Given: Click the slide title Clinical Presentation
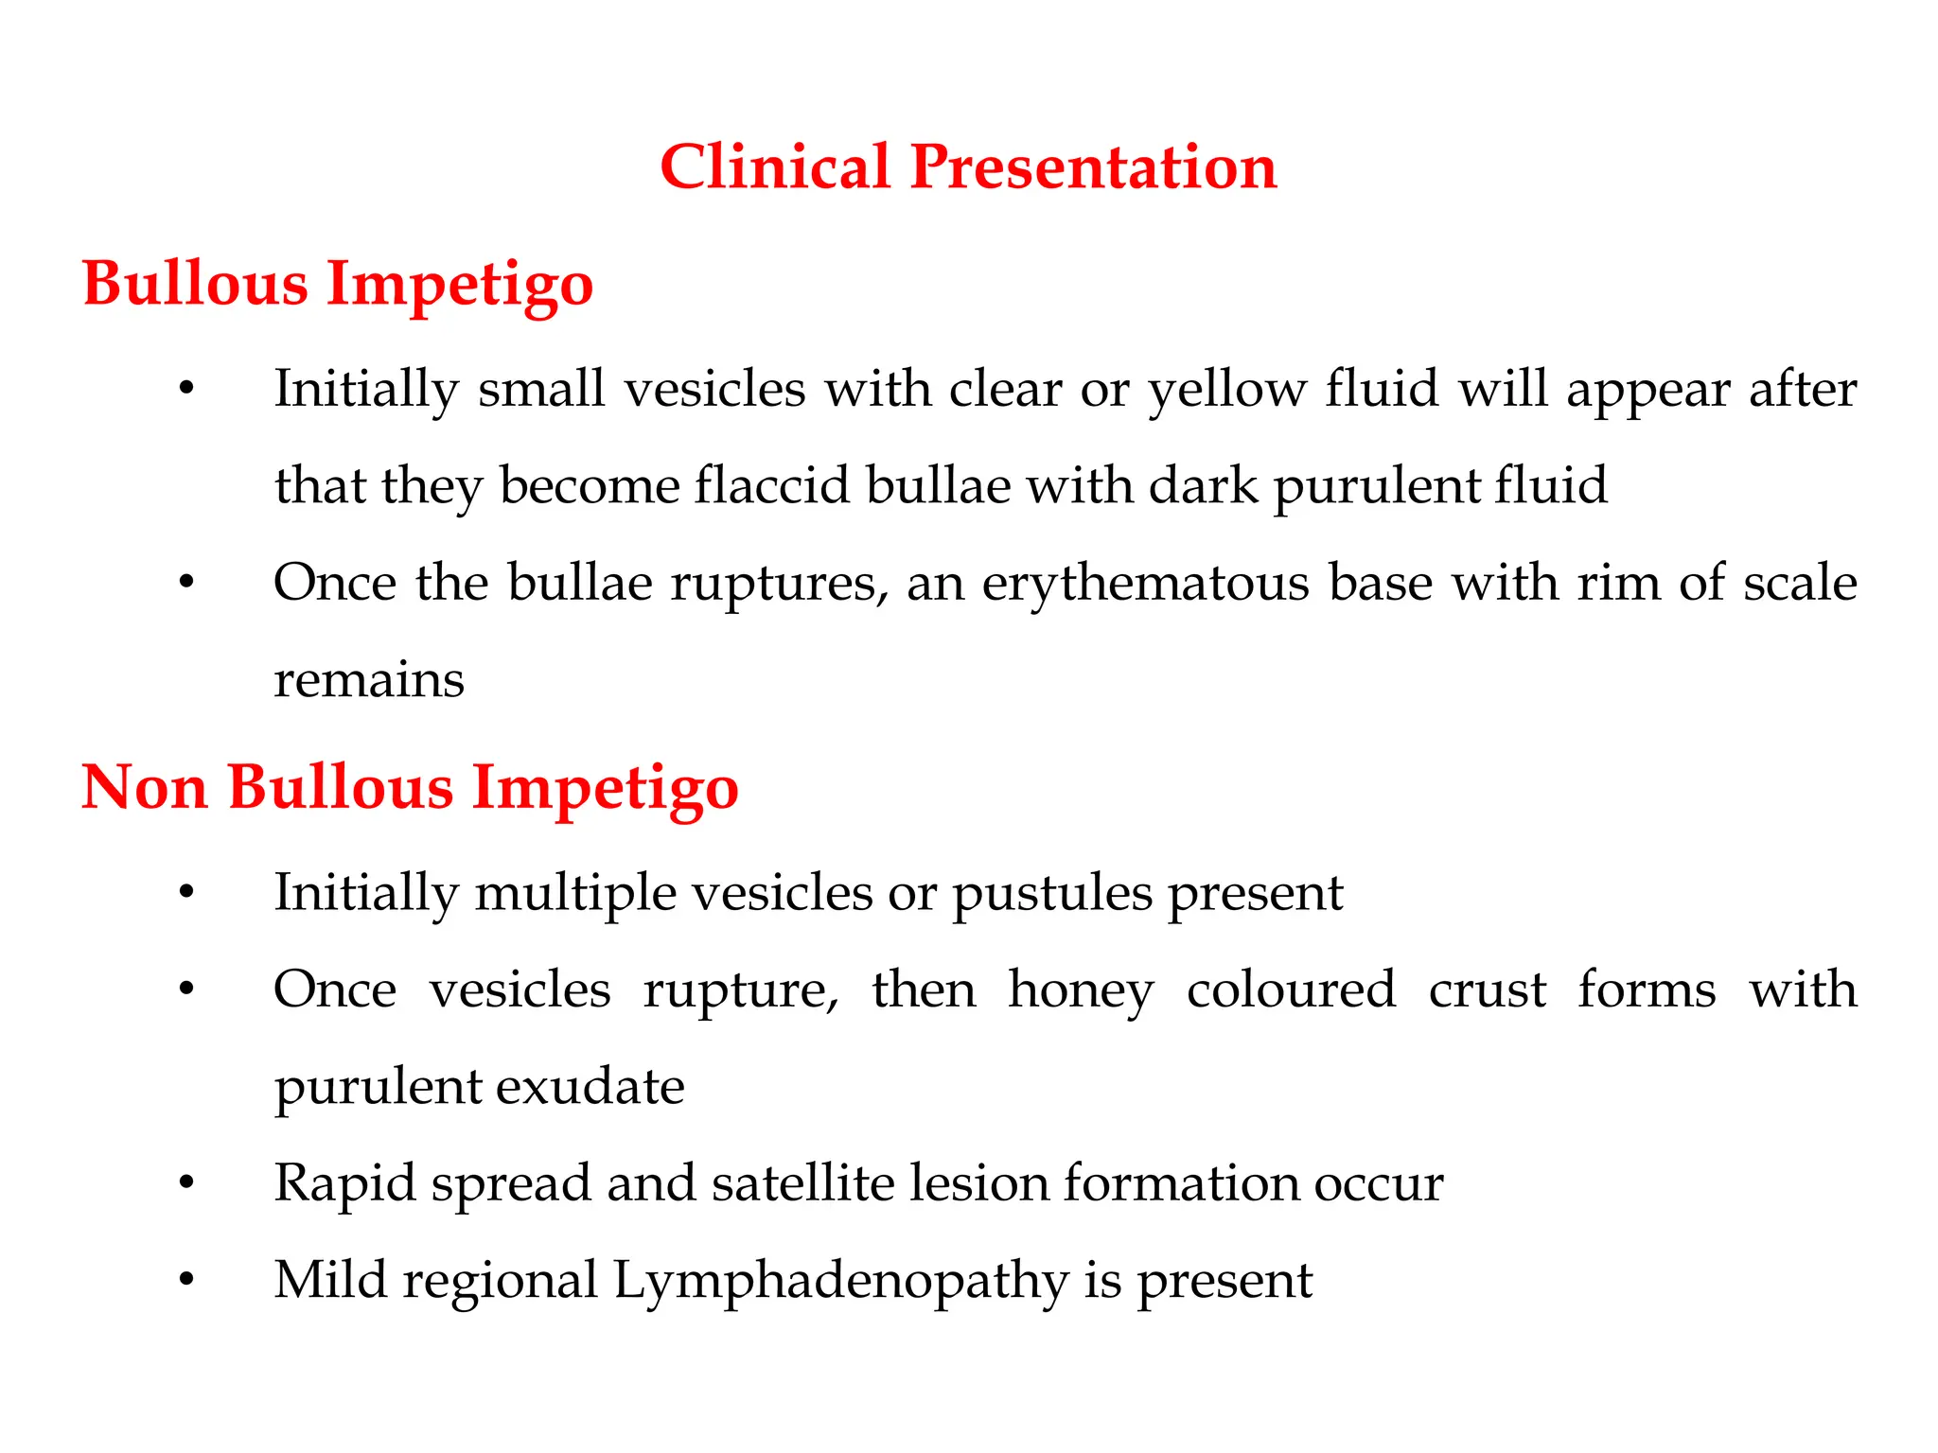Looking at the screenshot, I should click(x=968, y=167).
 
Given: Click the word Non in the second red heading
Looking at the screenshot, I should click(x=144, y=787).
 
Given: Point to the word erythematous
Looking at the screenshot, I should click(x=1145, y=583).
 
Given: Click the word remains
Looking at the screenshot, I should click(x=369, y=680).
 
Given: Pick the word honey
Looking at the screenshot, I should click(x=1081, y=990).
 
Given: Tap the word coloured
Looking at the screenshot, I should click(x=1291, y=990).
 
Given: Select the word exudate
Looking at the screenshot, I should click(x=590, y=1087).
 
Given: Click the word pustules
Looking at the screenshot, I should click(x=1051, y=893).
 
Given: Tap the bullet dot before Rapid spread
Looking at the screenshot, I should click(x=186, y=1183).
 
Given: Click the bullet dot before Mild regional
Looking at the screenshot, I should click(x=186, y=1280).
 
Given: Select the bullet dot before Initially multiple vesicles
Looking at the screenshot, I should click(x=186, y=892).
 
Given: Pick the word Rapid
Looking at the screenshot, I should click(x=344, y=1183).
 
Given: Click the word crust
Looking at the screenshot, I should click(x=1487, y=990).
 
